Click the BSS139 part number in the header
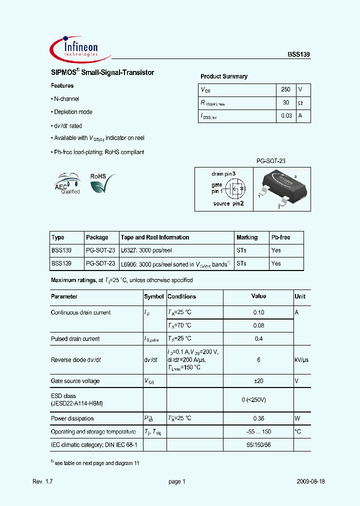tap(298, 56)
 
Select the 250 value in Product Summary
tap(285, 89)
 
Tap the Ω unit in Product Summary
tap(300, 102)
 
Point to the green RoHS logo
tap(101, 183)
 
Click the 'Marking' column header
tap(247, 237)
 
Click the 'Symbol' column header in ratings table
tap(154, 296)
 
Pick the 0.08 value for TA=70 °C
tap(258, 325)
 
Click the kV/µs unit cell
tap(302, 360)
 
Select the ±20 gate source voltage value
tap(258, 381)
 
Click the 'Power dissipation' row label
tap(72, 418)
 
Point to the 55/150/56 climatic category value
tap(258, 444)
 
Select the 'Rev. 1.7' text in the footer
tap(42, 481)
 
